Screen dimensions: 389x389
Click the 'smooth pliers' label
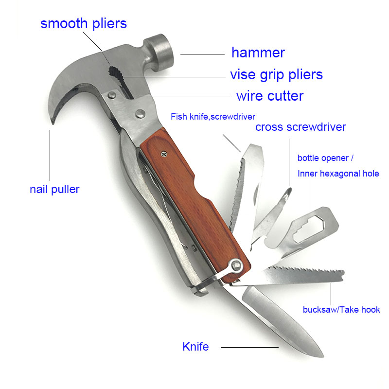84,23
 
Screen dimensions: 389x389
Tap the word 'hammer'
258,53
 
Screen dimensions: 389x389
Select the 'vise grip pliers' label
276,74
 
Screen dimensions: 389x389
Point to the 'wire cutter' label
269,96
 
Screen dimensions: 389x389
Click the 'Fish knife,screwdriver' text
212,116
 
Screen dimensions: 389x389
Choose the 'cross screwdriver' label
301,127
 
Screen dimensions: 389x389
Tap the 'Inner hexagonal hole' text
338,174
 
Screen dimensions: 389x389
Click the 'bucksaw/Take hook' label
341,310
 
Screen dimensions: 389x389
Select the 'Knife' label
195,347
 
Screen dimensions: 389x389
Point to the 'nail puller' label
54,189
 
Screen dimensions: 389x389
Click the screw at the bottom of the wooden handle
238,265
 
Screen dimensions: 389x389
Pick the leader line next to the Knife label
249,347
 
